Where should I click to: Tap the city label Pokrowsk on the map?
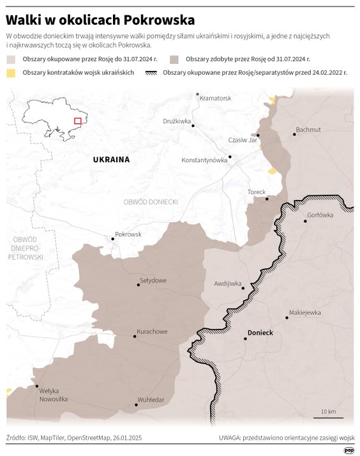tap(128, 234)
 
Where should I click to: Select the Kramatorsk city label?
tap(215, 98)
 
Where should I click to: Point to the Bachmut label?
tap(308, 130)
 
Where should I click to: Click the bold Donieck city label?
tap(260, 333)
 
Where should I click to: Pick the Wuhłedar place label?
tap(151, 400)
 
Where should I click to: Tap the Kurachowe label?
tap(152, 331)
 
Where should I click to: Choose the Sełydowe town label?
tap(153, 280)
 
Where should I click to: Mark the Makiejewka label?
tap(304, 313)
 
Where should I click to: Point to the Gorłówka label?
tap(320, 215)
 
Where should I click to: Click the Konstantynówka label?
tap(204, 160)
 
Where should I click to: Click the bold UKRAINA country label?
tap(111, 160)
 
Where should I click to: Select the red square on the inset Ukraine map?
tap(78, 121)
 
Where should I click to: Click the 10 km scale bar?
tap(328, 417)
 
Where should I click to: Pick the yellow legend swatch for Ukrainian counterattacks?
tap(11, 73)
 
